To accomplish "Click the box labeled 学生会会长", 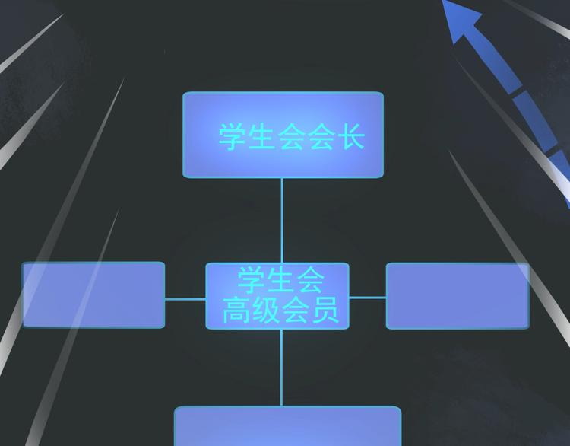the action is point(283,135).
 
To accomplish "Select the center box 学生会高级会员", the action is point(277,295).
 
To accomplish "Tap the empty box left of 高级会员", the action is point(93,295).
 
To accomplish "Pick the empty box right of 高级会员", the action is point(458,296).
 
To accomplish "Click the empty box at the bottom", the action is point(287,426).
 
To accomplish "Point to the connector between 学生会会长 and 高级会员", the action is point(282,220).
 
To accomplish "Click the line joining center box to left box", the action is point(185,299).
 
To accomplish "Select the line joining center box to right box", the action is point(368,298).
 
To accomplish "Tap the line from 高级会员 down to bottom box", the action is point(281,368).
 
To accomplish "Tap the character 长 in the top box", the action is point(352,136).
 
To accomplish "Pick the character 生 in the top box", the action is point(261,136).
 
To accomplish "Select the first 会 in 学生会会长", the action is point(291,136).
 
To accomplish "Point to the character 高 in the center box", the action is point(236,310).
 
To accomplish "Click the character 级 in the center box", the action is point(266,310).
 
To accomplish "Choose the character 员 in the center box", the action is point(325,310).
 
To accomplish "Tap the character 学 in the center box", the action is point(251,279).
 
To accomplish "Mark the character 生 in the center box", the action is point(280,279).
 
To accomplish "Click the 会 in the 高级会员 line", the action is point(296,310).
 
